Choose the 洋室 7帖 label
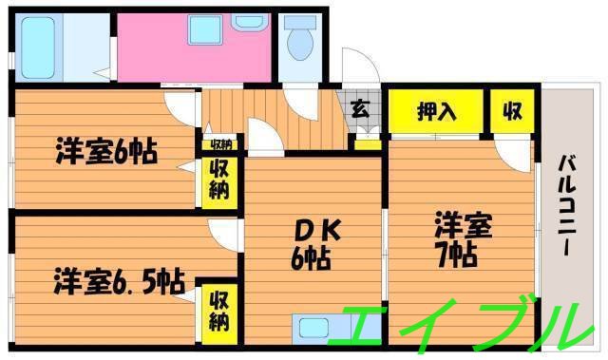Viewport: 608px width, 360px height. tap(462, 239)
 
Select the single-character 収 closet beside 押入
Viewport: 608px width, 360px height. tap(512, 111)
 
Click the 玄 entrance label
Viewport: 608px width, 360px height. tap(361, 108)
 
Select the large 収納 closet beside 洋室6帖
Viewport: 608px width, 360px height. tap(218, 180)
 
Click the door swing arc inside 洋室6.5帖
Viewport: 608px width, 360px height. tap(222, 232)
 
